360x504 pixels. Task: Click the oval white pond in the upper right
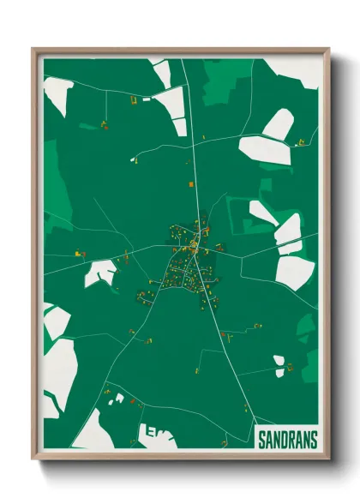click(279, 125)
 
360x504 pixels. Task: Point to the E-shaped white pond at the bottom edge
click(159, 435)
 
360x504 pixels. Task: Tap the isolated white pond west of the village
click(99, 273)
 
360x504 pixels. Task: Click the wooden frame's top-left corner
click(34, 50)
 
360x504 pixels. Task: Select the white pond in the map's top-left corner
click(58, 93)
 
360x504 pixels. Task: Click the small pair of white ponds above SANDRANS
click(279, 364)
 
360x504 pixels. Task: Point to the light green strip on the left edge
click(51, 180)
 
